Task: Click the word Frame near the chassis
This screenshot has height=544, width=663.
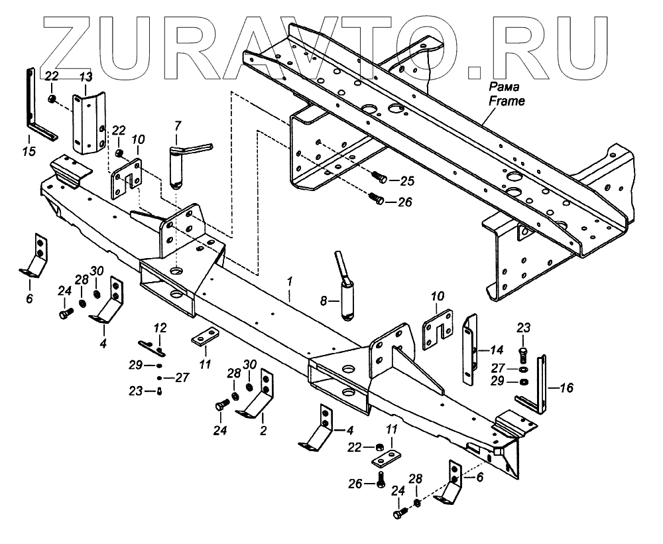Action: coord(507,102)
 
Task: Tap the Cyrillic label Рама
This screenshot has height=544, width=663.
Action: coord(506,88)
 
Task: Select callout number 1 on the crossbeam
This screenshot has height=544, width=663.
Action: coord(289,281)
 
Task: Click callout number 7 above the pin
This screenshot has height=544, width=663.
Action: coord(177,125)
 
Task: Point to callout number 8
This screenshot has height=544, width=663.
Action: coord(323,301)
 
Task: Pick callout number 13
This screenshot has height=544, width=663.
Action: coord(86,78)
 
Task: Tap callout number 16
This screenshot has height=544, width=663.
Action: coord(568,387)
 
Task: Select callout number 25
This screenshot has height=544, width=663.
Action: coord(406,181)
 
